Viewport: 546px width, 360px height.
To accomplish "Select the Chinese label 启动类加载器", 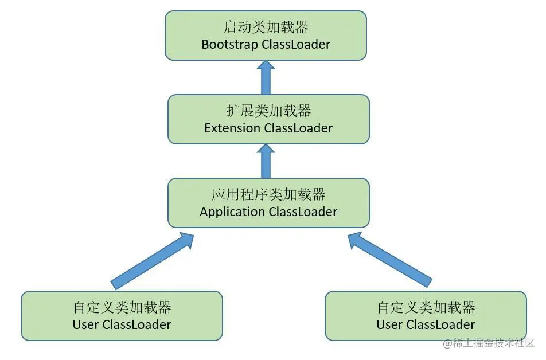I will [x=266, y=27].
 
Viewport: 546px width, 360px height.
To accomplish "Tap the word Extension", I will [x=232, y=128].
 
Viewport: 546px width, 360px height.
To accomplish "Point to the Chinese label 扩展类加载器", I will [x=268, y=111].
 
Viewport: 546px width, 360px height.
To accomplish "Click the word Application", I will [x=232, y=212].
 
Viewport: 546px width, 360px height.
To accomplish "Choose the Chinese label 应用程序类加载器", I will [x=268, y=194].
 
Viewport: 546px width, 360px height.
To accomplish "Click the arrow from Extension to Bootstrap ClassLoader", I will [x=266, y=78].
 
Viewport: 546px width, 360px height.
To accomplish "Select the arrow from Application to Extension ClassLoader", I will [x=266, y=161].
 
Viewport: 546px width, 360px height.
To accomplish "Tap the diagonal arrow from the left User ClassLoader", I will [x=152, y=260].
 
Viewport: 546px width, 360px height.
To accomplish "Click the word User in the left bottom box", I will [x=86, y=324].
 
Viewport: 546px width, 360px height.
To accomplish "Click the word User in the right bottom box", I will [x=390, y=324].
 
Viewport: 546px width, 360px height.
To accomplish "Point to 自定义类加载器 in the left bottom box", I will [x=122, y=307].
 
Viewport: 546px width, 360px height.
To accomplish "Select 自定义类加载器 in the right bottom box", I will [x=426, y=307].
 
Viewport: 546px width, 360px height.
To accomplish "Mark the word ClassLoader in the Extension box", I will [x=298, y=128].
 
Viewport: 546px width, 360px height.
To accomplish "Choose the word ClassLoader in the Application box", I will [x=303, y=212].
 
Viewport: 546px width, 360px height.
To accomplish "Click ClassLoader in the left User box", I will [x=136, y=324].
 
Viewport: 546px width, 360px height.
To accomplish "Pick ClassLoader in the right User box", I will [x=440, y=324].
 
